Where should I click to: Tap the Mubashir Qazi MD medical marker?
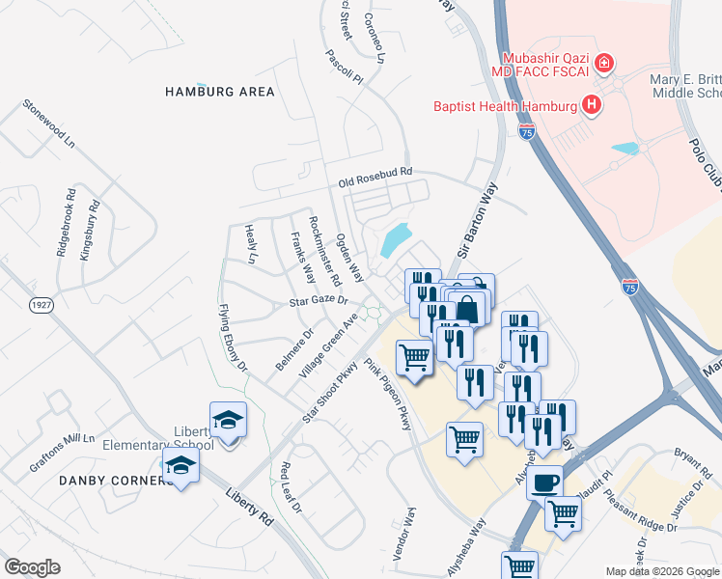tap(604, 64)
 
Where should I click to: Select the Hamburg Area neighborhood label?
tap(220, 92)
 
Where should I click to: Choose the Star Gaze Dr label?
tap(318, 303)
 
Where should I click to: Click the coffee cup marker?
tap(545, 481)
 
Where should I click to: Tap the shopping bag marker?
tap(467, 310)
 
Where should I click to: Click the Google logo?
tap(32, 567)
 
